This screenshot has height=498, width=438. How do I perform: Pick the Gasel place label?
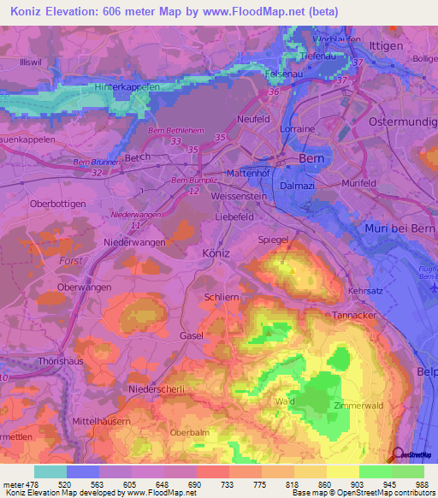coord(192,336)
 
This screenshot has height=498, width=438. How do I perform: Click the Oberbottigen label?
coord(58,204)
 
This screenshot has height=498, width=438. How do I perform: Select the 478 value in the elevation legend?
coord(31,483)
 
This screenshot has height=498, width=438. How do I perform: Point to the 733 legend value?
coord(228,483)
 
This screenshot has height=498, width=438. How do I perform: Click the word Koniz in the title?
coord(32,12)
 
